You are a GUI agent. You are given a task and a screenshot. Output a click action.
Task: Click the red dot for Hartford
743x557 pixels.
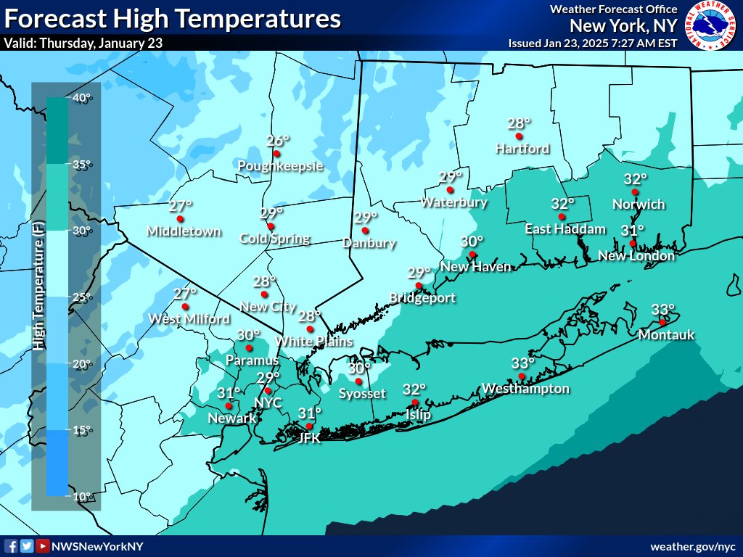tap(519, 136)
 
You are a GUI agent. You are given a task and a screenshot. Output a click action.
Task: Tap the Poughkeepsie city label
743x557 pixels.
tap(280, 166)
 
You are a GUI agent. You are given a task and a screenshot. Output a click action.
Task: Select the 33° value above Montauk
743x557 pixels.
tap(662, 310)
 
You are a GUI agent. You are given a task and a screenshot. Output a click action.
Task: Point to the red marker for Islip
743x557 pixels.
tap(414, 403)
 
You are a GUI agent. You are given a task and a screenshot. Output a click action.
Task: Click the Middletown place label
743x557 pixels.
tap(184, 231)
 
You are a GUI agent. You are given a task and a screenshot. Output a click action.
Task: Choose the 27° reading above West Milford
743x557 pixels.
tap(185, 294)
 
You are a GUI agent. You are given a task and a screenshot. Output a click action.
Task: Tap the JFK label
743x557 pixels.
tap(309, 438)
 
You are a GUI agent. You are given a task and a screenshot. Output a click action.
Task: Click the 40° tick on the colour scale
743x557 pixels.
tap(81, 99)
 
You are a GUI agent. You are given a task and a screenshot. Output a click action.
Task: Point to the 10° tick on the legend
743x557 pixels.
tap(81, 497)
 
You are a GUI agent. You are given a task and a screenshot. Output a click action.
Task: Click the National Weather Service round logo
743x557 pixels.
tap(710, 25)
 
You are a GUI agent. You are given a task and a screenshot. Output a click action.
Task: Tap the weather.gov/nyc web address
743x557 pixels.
tap(692, 546)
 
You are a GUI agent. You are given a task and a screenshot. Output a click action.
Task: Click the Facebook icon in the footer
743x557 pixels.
tap(11, 546)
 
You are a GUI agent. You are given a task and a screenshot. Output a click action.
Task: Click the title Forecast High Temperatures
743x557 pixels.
tap(172, 18)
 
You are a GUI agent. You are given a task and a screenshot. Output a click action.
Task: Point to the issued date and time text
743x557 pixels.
tap(593, 43)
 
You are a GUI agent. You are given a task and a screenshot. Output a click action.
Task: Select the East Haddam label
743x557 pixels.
tap(565, 229)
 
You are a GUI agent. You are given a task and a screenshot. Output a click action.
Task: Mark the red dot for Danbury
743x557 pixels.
tap(365, 231)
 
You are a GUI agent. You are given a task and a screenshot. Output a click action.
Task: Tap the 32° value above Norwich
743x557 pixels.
tap(636, 179)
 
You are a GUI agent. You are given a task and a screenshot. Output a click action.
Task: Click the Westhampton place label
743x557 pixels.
tap(525, 389)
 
